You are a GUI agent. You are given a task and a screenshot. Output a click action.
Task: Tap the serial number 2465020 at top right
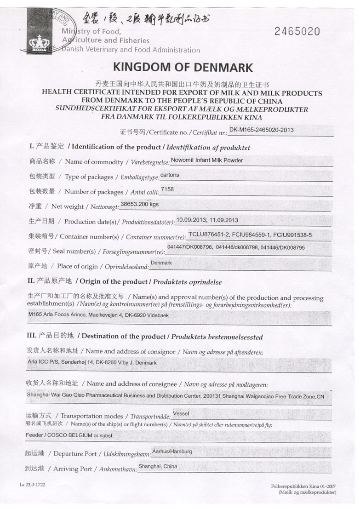pyautogui.click(x=297, y=31)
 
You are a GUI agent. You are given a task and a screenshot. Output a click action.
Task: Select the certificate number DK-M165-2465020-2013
pyautogui.click(x=262, y=130)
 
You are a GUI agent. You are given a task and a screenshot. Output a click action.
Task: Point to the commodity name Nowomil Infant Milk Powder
pyautogui.click(x=206, y=160)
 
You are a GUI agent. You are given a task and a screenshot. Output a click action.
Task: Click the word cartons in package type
pyautogui.click(x=170, y=175)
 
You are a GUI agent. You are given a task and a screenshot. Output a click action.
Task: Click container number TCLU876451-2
pyautogui.click(x=211, y=235)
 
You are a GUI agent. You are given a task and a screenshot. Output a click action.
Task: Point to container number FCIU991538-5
pyautogui.click(x=292, y=235)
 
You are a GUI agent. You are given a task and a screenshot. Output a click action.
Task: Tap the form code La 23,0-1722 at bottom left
pyautogui.click(x=32, y=485)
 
